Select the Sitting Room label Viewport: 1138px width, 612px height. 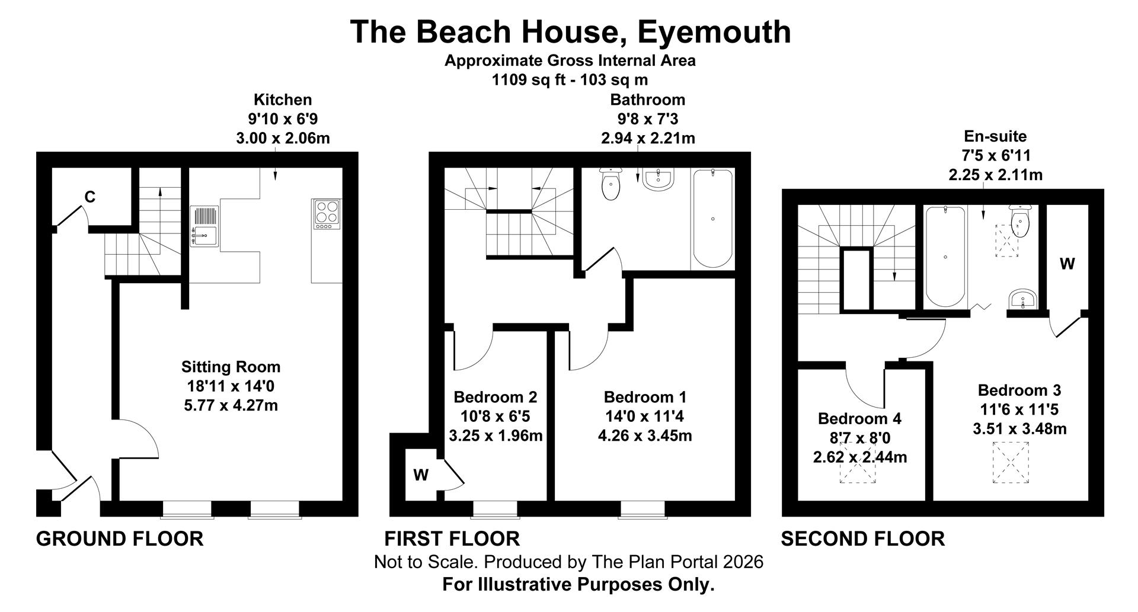point(231,367)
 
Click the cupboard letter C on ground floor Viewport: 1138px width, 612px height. point(89,197)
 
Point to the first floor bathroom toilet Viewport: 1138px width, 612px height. point(610,184)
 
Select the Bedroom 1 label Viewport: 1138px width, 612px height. point(645,397)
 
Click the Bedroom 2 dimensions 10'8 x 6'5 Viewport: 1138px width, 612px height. point(496,416)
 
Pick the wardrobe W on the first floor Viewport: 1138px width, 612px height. point(421,475)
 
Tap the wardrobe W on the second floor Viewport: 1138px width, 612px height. point(1067,264)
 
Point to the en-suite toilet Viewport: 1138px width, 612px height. point(1022,221)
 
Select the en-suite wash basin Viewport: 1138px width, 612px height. point(1022,299)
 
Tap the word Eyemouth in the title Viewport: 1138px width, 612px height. point(714,32)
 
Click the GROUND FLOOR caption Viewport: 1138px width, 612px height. point(120,539)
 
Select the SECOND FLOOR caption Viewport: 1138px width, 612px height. point(862,539)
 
